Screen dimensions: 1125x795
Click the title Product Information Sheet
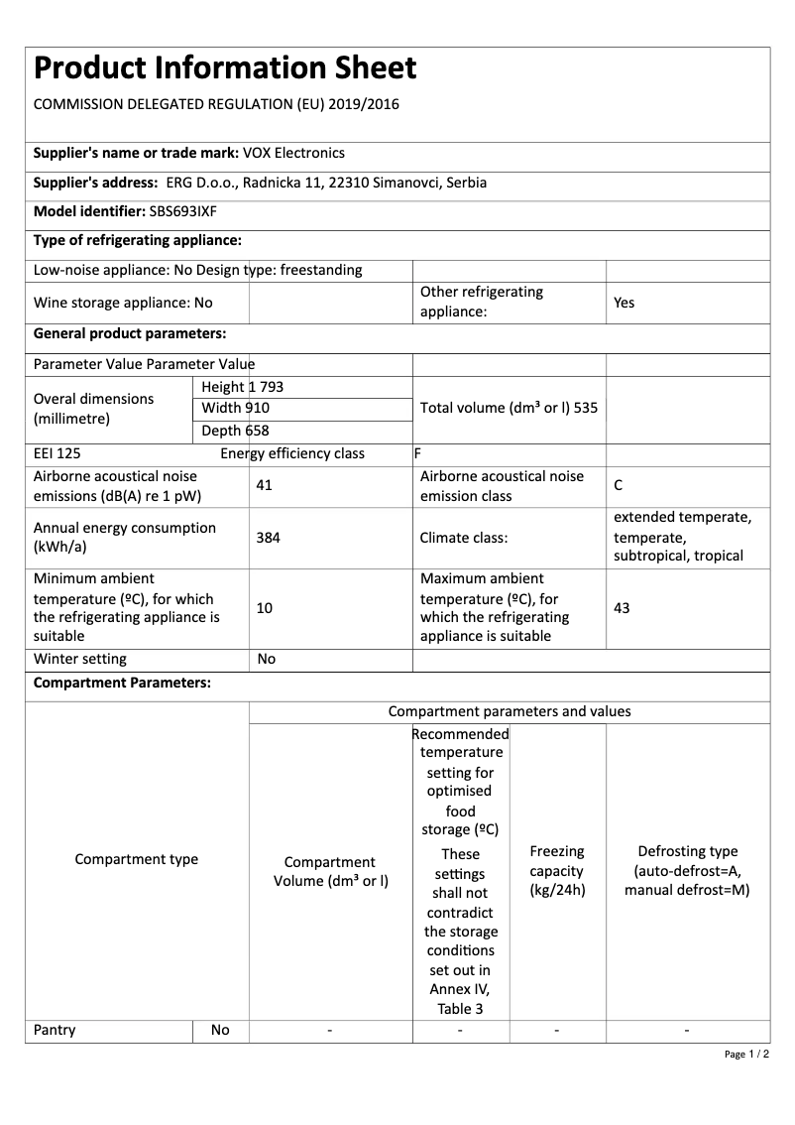[x=225, y=68]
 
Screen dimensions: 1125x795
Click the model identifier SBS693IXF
[x=183, y=211]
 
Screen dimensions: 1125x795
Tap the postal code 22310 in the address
[x=345, y=183]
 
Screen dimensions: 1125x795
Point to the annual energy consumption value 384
[x=267, y=538]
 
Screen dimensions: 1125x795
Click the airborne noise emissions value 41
[x=264, y=486]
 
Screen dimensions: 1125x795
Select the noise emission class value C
[x=619, y=486]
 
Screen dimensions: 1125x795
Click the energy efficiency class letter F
[x=417, y=454]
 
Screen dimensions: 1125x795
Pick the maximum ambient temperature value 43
[x=622, y=608]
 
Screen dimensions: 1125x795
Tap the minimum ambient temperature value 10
[x=264, y=608]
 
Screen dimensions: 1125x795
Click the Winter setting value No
[x=266, y=660]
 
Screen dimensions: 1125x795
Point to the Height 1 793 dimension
[x=242, y=387]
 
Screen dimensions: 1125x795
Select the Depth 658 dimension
[x=235, y=431]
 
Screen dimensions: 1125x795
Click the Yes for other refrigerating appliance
[x=624, y=303]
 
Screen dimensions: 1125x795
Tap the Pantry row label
[x=55, y=1031]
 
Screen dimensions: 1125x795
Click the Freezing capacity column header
[x=557, y=871]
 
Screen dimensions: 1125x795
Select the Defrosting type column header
[x=687, y=871]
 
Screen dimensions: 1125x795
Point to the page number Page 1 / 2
[x=746, y=1054]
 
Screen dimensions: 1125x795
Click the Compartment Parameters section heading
[x=122, y=684]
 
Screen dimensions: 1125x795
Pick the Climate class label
[x=464, y=538]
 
